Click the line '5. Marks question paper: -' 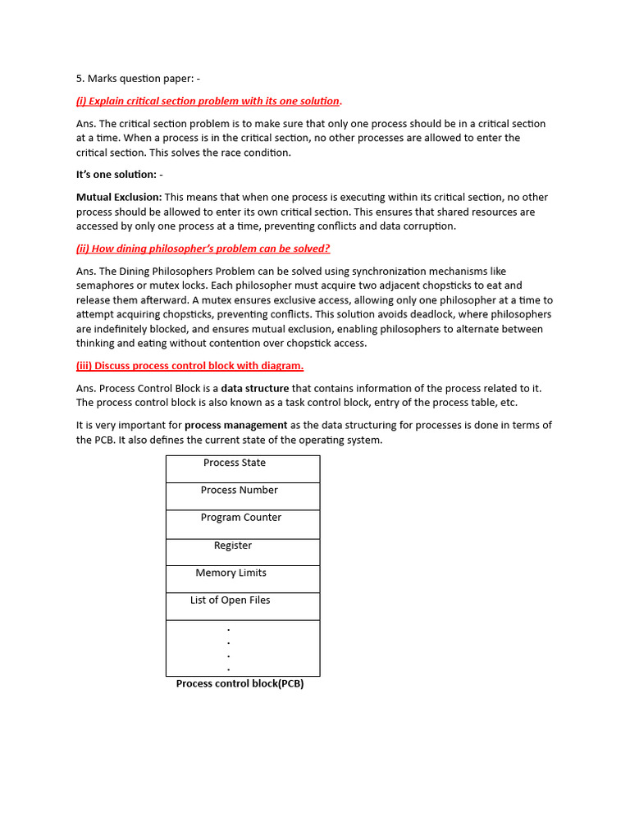(x=138, y=79)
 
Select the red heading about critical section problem (x=209, y=101)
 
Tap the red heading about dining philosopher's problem (x=203, y=249)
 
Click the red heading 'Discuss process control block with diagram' (x=189, y=366)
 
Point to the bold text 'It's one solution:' (x=119, y=175)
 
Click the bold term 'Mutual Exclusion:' (x=119, y=197)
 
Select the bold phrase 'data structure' (x=255, y=388)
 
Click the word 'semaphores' (x=105, y=285)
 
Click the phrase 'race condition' (x=255, y=153)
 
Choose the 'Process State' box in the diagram (x=243, y=468)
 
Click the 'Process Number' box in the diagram (x=243, y=496)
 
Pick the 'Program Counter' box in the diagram (x=243, y=523)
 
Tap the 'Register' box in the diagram (x=243, y=551)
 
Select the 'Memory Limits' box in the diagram (x=243, y=578)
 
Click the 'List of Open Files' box (x=243, y=606)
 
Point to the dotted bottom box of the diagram (x=243, y=648)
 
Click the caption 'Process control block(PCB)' (x=240, y=684)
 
